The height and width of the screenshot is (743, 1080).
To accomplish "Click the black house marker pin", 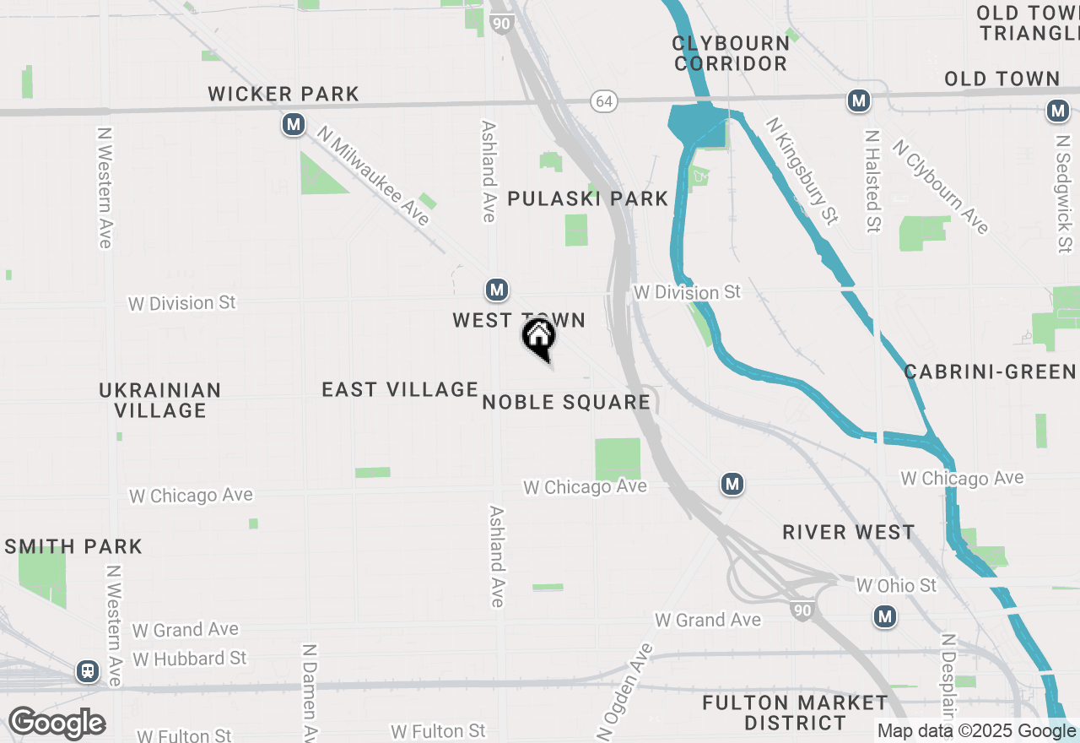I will point(539,338).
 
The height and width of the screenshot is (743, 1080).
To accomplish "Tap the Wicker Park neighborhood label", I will point(283,94).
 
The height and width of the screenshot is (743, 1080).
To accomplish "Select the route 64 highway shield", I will point(603,101).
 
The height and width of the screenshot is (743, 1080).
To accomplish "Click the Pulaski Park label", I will point(588,198).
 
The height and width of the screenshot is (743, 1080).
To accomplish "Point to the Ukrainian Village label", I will point(160,400).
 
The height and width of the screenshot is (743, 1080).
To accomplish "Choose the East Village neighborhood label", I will point(400,389).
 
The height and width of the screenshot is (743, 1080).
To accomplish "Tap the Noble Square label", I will point(566,402).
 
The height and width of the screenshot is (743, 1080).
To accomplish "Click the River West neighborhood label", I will point(848,532).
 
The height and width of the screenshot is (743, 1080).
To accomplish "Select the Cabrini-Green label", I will point(990,371).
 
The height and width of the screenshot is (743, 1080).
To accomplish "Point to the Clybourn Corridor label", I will point(731,52).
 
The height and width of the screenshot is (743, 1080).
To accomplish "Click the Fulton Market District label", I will point(795,713).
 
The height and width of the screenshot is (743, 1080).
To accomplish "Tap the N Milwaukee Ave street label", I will point(374,176).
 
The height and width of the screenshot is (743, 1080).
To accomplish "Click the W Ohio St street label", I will point(896,585).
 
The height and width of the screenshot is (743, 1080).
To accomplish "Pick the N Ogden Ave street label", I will point(625,691).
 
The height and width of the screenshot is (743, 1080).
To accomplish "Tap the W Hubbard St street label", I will point(190,658).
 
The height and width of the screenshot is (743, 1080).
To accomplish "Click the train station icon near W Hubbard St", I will point(87,671).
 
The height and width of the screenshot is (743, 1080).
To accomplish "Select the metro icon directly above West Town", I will point(497,290).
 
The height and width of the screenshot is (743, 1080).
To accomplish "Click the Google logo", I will point(57,724).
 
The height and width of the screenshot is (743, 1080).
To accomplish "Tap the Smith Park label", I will point(73,546).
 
